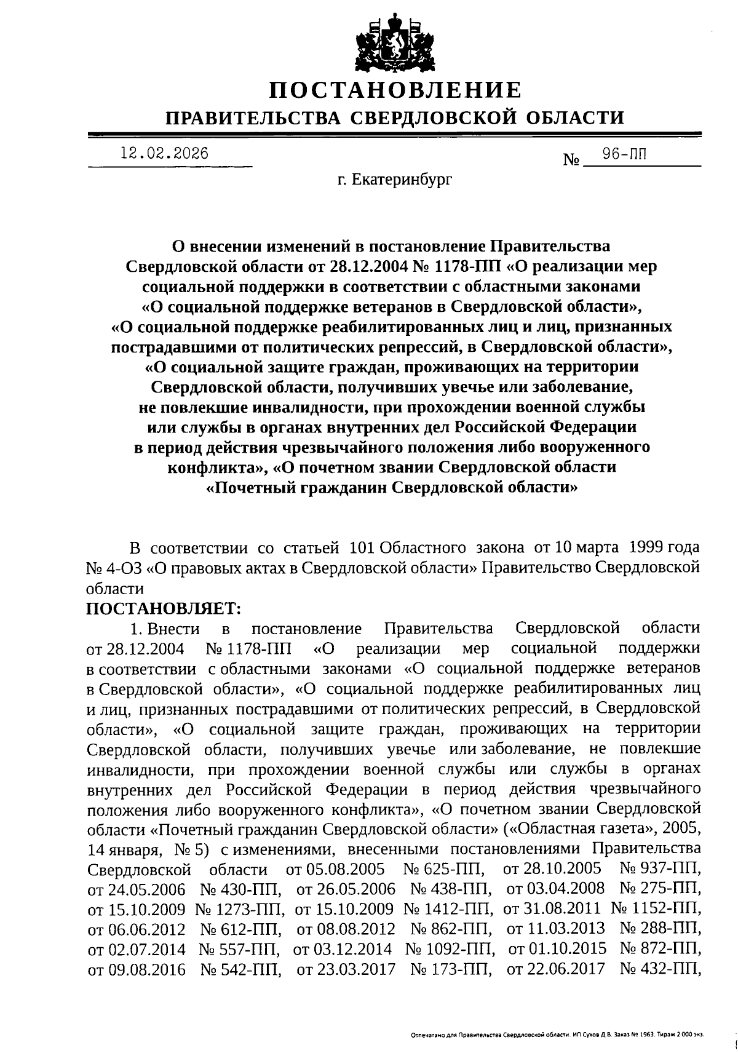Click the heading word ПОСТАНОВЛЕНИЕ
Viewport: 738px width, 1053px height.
(x=395, y=90)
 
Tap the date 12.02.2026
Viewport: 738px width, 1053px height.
(x=164, y=154)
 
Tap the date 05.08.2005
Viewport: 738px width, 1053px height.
(x=336, y=870)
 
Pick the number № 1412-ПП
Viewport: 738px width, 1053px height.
(x=448, y=908)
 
